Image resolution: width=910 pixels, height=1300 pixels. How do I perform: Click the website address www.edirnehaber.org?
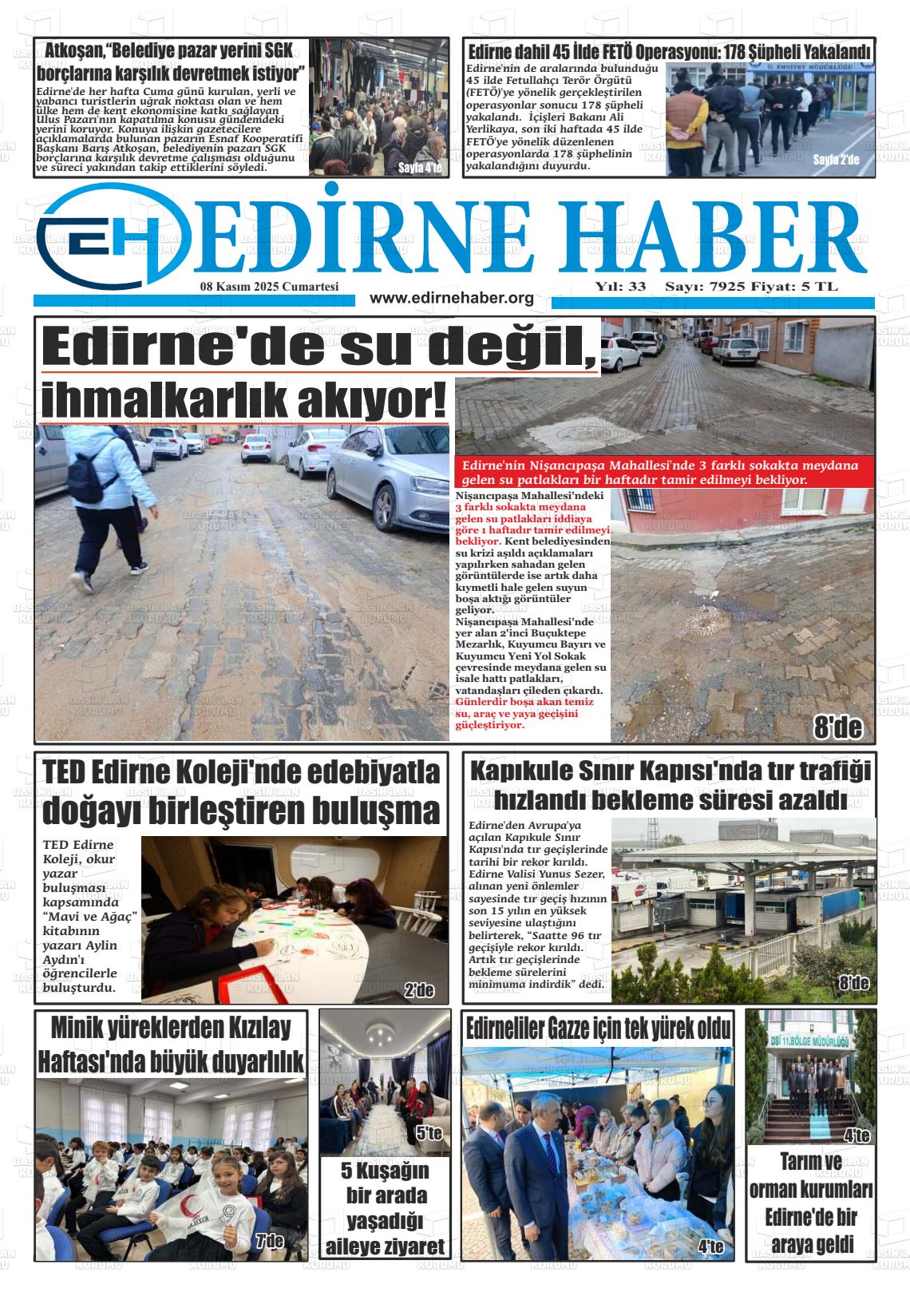tap(452, 298)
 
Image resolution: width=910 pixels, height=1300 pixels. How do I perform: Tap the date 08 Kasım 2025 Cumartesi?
tap(270, 287)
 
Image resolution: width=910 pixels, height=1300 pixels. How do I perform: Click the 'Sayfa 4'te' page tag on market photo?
tap(420, 168)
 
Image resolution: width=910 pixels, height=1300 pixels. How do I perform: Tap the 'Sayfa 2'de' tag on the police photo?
tap(836, 160)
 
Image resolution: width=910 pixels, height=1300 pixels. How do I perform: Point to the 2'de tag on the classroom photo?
tap(418, 991)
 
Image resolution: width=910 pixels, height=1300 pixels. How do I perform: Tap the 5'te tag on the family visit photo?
tap(429, 1133)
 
